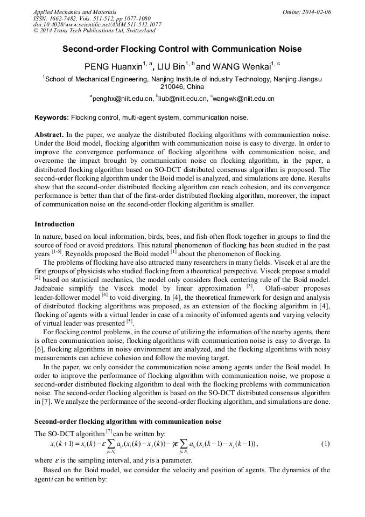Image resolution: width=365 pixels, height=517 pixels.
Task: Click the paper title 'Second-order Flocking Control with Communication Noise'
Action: pyautogui.click(x=182, y=49)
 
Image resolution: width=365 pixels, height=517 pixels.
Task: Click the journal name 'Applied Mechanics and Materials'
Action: pyautogui.click(x=74, y=12)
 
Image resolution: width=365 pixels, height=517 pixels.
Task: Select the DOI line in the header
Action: pyautogui.click(x=97, y=25)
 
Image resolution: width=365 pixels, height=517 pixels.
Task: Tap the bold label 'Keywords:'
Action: pyautogui.click(x=52, y=118)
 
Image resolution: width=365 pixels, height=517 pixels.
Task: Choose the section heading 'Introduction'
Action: pyautogui.click(x=54, y=224)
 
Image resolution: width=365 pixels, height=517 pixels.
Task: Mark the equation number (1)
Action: pyautogui.click(x=325, y=444)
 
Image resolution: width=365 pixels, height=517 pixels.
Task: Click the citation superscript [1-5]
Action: pyautogui.click(x=57, y=252)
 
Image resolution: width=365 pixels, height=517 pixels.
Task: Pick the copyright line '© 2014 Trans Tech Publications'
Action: pyautogui.click(x=94, y=31)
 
